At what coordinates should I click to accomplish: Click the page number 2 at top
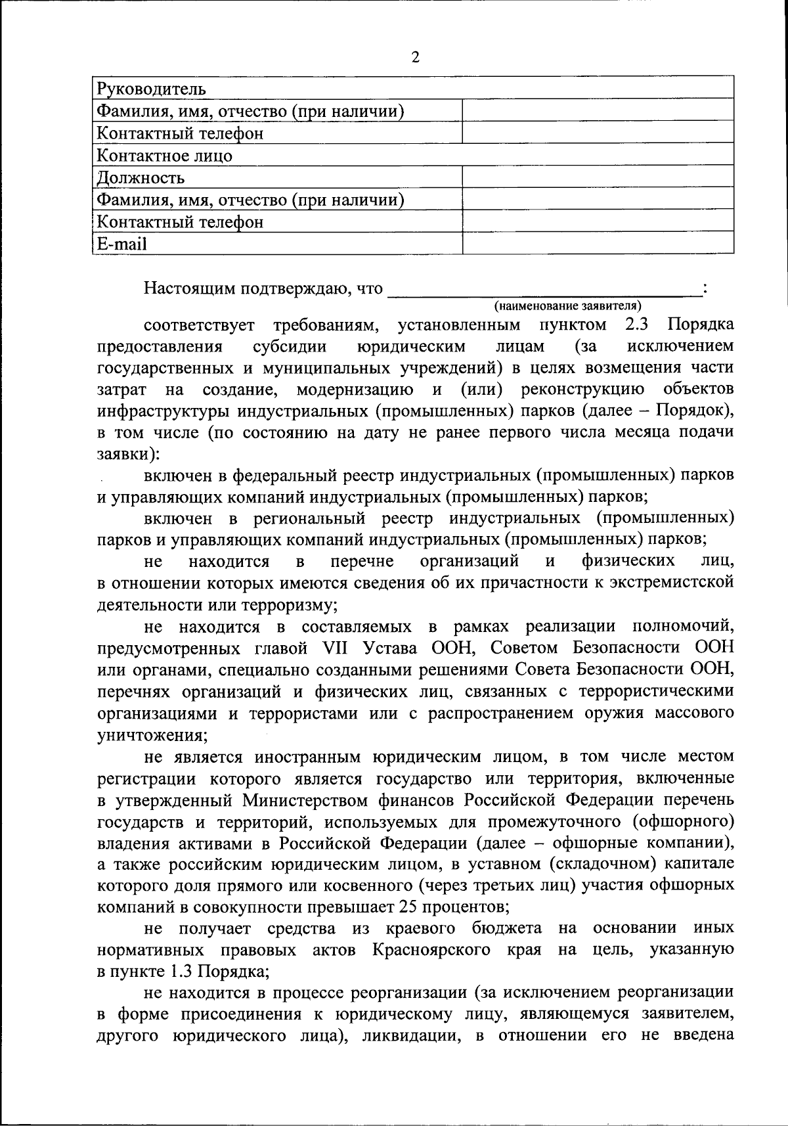point(415,57)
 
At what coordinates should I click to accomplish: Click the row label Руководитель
point(152,89)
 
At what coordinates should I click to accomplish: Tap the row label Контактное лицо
point(165,156)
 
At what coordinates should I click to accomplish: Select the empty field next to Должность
point(598,177)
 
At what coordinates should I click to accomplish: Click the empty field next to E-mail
point(598,243)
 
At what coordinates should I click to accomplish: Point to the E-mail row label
point(122,244)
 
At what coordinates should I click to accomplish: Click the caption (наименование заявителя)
point(567,306)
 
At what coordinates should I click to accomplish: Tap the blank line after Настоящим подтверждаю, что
point(545,289)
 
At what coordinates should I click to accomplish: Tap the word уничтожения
point(150,734)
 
